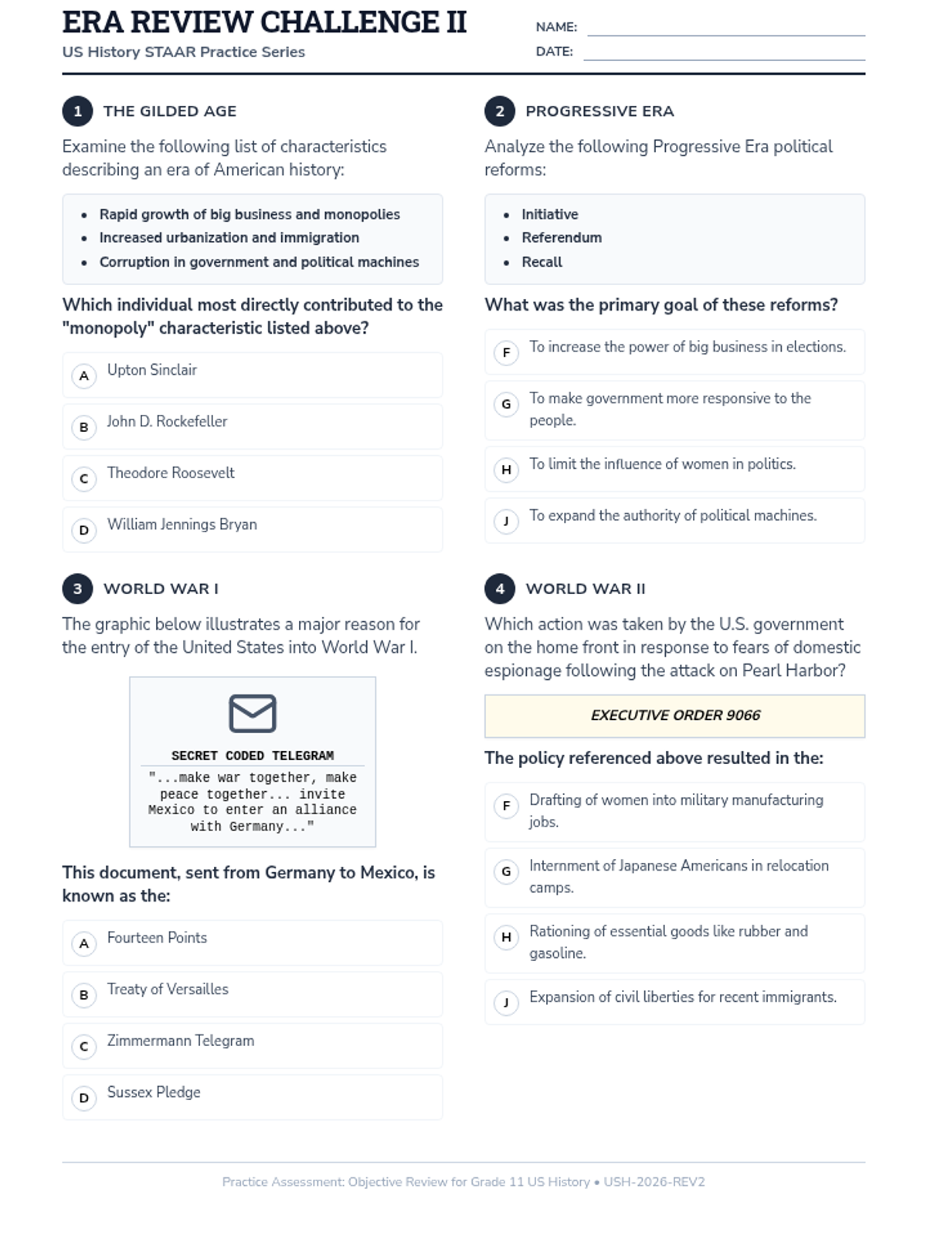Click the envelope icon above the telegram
pos(253,713)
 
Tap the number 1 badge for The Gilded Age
pos(77,111)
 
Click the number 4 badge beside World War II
pos(500,589)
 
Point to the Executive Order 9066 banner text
pos(675,715)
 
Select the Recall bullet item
pos(542,262)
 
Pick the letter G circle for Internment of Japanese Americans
pos(506,872)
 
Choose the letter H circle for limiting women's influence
pos(506,470)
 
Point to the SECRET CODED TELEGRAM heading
pos(253,756)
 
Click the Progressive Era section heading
pos(599,111)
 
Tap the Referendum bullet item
pos(562,238)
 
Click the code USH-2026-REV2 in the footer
pos(654,1182)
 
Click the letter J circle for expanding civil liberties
pos(506,1003)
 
